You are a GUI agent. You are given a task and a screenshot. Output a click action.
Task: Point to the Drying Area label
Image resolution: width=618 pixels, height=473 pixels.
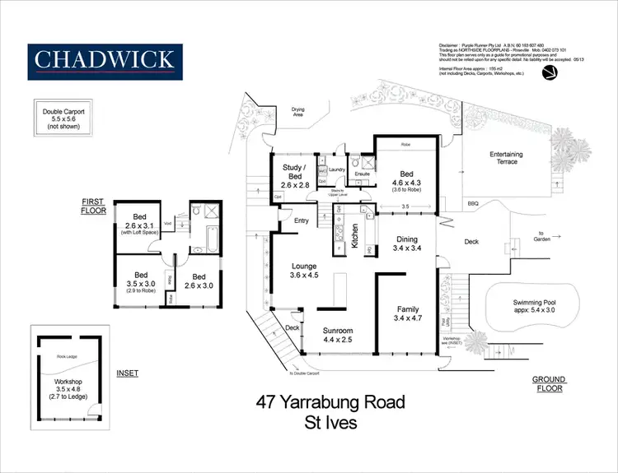(298, 112)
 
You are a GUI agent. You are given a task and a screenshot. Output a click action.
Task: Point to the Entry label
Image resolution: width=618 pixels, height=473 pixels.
(301, 220)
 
